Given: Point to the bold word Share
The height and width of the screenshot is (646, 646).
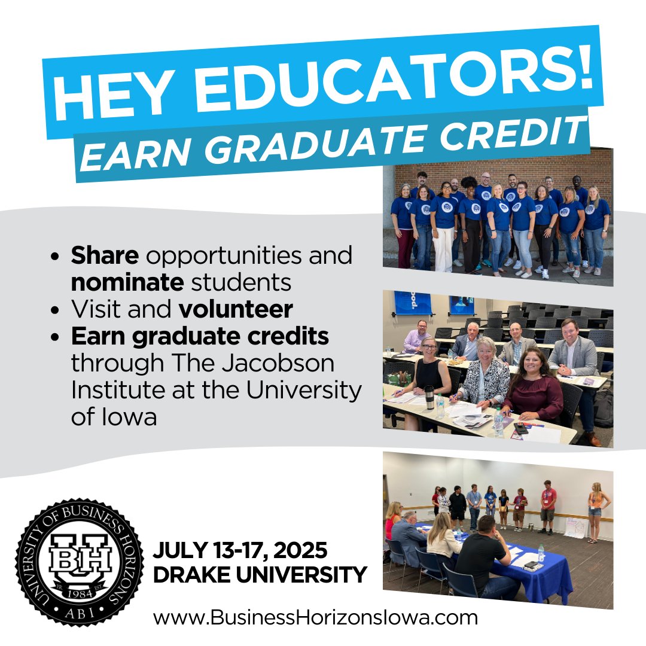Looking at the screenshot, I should pos(105,255).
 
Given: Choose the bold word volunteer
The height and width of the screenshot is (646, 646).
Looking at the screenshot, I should pos(236,309).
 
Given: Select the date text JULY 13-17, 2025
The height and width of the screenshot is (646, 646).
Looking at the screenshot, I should pos(240,549).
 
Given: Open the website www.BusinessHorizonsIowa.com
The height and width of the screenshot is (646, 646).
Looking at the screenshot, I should pos(315,617).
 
